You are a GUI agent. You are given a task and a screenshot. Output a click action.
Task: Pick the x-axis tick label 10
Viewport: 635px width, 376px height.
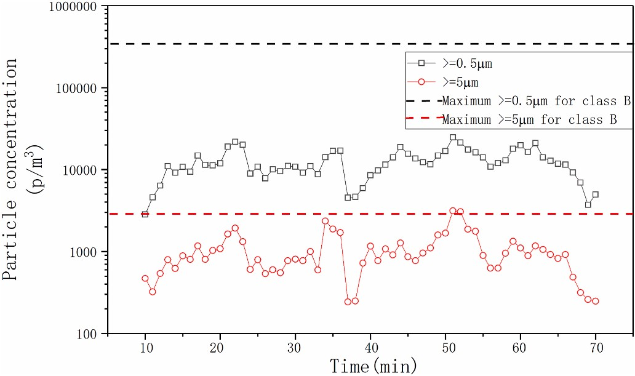pos(145,348)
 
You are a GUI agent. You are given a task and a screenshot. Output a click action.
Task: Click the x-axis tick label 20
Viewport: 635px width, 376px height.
pos(220,348)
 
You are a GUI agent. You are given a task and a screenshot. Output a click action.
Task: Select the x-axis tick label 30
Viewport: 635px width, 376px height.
pos(295,348)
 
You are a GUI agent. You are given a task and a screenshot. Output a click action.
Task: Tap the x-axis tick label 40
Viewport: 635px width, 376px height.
pos(370,348)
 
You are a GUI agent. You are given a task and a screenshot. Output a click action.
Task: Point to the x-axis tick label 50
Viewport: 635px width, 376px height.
pos(445,348)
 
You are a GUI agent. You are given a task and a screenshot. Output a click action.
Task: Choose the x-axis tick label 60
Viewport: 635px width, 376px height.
pos(521,348)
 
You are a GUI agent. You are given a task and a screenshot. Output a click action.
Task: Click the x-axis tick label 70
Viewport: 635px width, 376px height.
pos(596,348)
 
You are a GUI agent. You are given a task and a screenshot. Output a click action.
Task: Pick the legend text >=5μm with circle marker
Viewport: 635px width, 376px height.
pos(460,81)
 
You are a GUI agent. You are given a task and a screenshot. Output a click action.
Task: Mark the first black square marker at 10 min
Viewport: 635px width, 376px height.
pos(145,214)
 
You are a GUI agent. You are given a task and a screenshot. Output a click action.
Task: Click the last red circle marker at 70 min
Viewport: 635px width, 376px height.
pos(596,301)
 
